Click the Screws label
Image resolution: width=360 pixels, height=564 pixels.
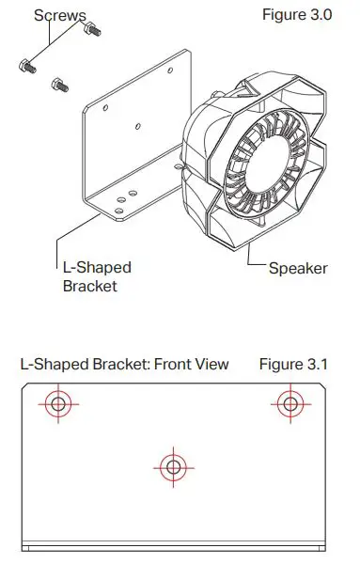pyautogui.click(x=60, y=15)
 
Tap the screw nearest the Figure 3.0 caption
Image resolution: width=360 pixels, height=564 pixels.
pyautogui.click(x=92, y=30)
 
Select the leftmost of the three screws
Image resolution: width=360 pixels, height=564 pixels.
pyautogui.click(x=24, y=67)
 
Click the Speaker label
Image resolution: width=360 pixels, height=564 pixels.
pyautogui.click(x=298, y=268)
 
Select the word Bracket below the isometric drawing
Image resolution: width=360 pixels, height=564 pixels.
pyautogui.click(x=89, y=285)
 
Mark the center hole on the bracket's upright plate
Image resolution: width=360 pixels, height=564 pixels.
pyautogui.click(x=138, y=125)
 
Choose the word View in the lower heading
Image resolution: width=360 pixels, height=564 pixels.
pyautogui.click(x=211, y=364)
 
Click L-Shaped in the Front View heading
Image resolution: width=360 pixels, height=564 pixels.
pyautogui.click(x=51, y=364)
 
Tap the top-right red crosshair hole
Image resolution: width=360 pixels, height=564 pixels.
pyautogui.click(x=290, y=404)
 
